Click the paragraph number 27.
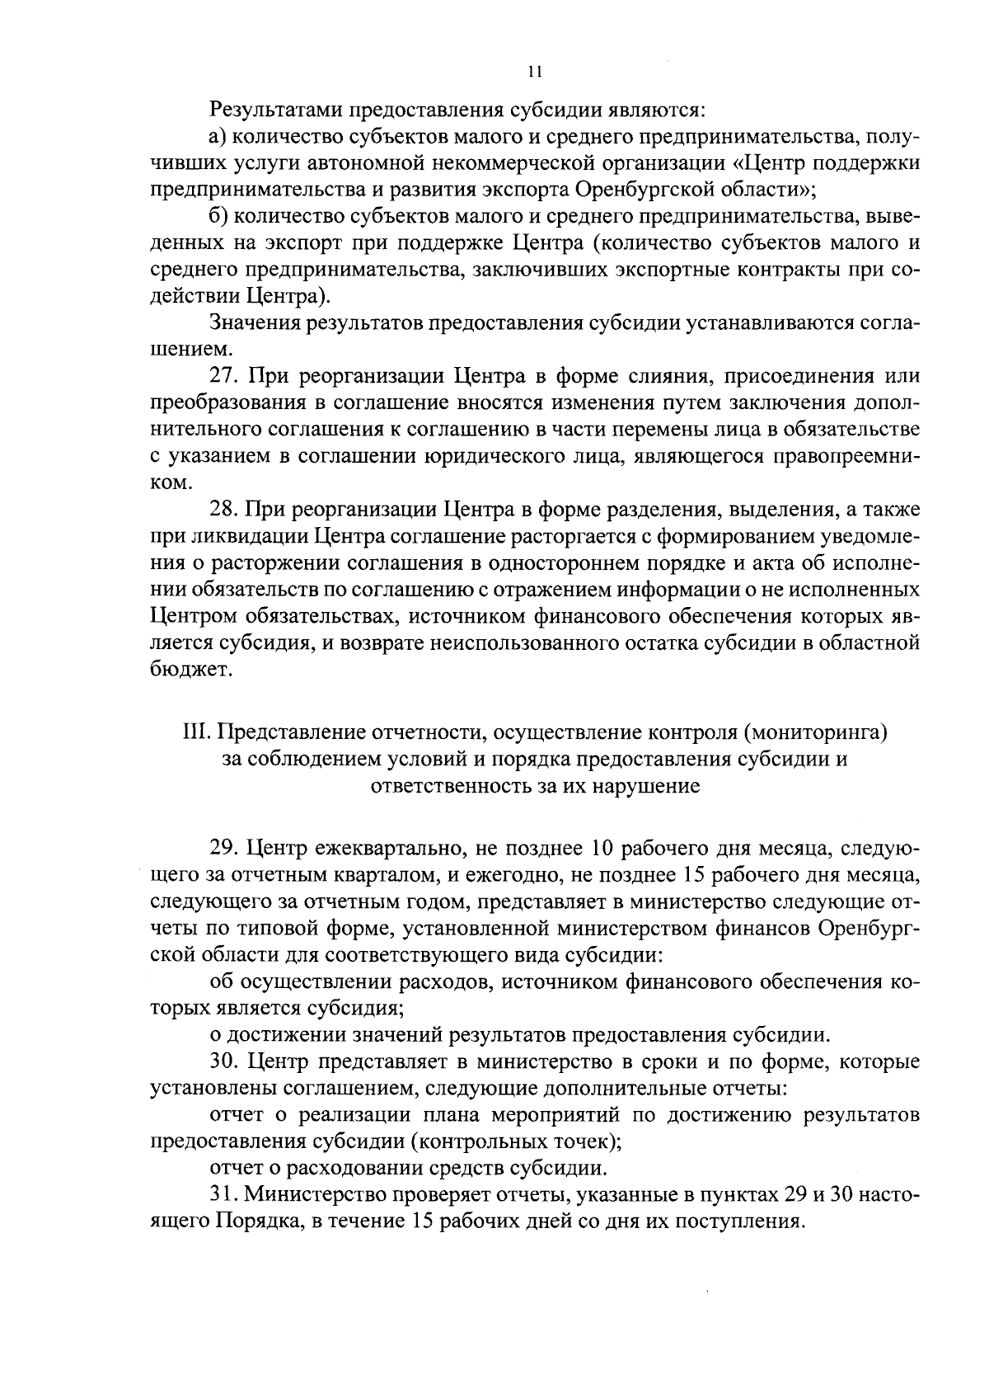[224, 377]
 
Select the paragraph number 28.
[224, 510]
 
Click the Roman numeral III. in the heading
[196, 732]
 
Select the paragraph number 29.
[224, 849]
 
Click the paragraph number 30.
[224, 1062]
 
